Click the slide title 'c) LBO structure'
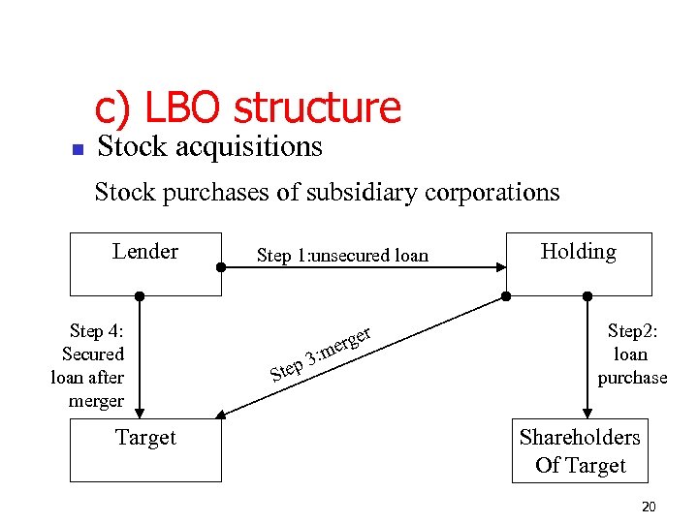point(247,108)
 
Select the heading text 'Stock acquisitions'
point(209,147)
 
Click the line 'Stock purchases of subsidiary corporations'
point(327,192)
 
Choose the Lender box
point(145,263)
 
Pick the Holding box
point(579,263)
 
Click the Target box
point(145,450)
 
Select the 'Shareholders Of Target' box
point(580,451)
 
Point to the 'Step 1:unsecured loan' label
point(341,256)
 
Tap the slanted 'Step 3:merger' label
point(321,353)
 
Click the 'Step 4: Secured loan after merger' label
point(89,365)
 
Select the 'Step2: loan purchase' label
point(632,354)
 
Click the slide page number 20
point(649,508)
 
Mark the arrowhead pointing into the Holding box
point(499,263)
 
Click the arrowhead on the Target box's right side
point(220,415)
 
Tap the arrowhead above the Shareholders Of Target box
point(587,413)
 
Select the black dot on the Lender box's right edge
point(221,263)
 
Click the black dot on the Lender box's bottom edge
point(140,295)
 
